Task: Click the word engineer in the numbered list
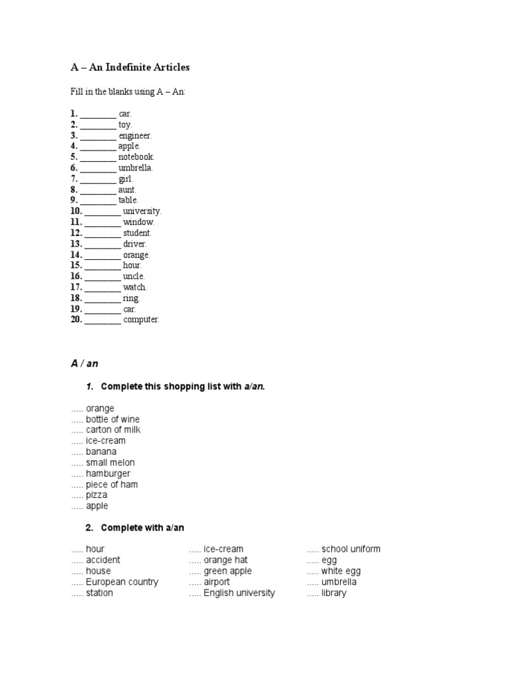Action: click(x=135, y=135)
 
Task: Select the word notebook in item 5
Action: click(x=136, y=157)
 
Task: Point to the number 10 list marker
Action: click(x=76, y=212)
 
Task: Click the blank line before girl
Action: click(x=98, y=179)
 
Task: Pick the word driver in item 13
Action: click(x=135, y=244)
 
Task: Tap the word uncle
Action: click(x=133, y=277)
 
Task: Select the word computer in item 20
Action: click(x=141, y=320)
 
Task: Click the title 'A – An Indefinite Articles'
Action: click(x=130, y=67)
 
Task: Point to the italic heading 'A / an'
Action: click(x=84, y=363)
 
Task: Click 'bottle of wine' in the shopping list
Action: click(x=113, y=419)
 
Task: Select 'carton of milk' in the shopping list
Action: click(x=113, y=430)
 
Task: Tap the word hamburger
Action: click(x=108, y=473)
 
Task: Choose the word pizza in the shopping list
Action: click(x=97, y=495)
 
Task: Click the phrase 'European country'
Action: click(x=122, y=582)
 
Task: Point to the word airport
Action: click(x=217, y=582)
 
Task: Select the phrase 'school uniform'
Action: click(x=351, y=549)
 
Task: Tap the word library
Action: click(x=334, y=593)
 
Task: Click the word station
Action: click(x=99, y=593)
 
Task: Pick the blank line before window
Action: click(x=103, y=222)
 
